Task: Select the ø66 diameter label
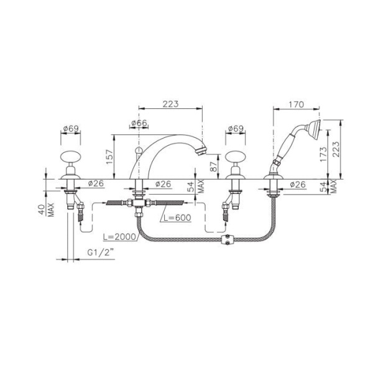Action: coord(139,123)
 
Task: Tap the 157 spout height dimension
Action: coord(109,157)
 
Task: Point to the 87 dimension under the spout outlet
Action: coord(214,167)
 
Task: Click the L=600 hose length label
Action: coord(177,218)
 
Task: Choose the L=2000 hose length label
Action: coord(119,237)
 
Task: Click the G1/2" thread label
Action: coord(101,252)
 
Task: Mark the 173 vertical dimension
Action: coord(323,154)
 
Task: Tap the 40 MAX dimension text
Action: coord(46,210)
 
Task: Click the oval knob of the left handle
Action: coord(71,157)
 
